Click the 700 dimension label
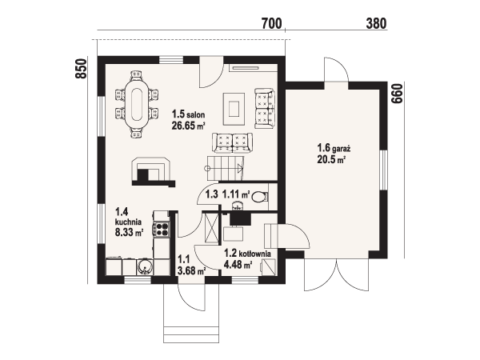[x=271, y=23]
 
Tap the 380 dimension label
[x=376, y=23]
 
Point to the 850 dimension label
[x=82, y=69]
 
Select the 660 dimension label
[x=398, y=94]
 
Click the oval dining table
[x=137, y=104]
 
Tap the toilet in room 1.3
[x=260, y=196]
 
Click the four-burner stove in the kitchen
[x=162, y=230]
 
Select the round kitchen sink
[x=144, y=266]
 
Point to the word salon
[x=196, y=115]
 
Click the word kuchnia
[x=128, y=222]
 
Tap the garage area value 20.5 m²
[x=331, y=160]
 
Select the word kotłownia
[x=254, y=254]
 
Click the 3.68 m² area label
[x=191, y=271]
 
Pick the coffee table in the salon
[x=234, y=109]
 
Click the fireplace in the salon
[x=152, y=172]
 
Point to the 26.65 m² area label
[x=188, y=126]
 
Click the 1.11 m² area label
[x=236, y=194]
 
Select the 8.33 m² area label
[x=129, y=233]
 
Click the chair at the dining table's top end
[x=137, y=75]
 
